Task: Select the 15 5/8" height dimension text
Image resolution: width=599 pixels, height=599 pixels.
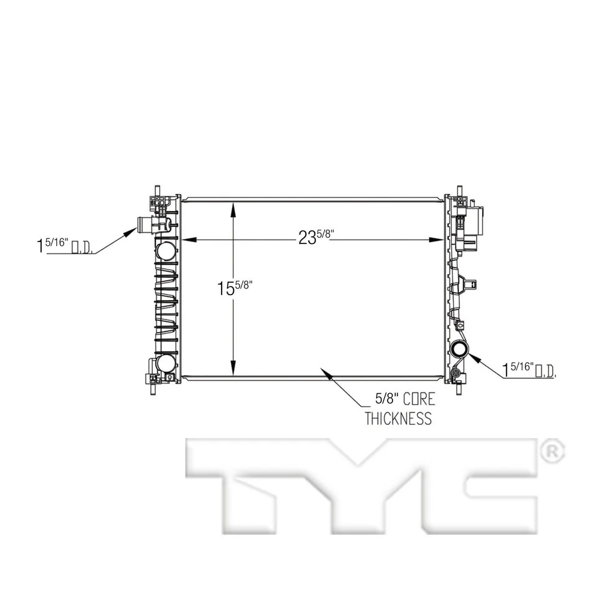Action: click(235, 288)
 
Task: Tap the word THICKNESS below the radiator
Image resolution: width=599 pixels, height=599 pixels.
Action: click(398, 418)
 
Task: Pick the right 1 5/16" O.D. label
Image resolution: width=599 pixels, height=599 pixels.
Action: click(529, 369)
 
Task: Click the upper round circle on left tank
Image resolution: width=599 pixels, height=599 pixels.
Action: click(166, 251)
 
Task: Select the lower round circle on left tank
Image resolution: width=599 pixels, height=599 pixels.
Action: click(166, 363)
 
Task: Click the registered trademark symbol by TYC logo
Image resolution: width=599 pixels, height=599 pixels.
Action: click(553, 450)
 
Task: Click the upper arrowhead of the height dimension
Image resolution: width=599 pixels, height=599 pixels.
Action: click(233, 207)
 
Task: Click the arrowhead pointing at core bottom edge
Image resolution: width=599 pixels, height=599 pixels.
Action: click(324, 373)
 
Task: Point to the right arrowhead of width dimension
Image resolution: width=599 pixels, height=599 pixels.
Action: click(439, 239)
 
